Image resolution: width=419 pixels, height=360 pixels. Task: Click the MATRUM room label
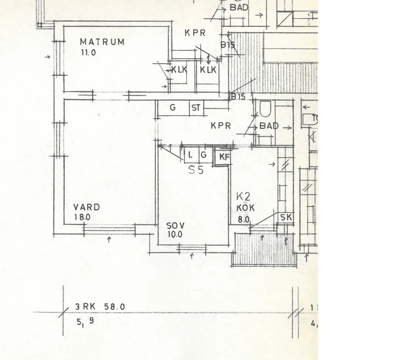pos(102,42)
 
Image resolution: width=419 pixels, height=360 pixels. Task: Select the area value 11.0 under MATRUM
pos(88,53)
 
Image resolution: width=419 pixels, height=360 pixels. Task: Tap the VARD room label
pos(87,207)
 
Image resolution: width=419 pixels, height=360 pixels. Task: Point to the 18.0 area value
pos(82,217)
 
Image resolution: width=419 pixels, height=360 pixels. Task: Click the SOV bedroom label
pos(175,225)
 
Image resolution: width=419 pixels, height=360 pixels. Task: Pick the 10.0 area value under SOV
pos(174,235)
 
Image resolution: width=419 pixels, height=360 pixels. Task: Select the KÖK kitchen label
pos(245,208)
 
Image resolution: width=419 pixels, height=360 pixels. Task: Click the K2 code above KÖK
pos(243,197)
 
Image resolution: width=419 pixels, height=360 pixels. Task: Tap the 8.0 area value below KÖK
pos(244,220)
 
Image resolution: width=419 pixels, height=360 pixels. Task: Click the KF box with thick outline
pos(224,157)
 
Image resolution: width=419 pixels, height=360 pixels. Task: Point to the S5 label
pos(196,170)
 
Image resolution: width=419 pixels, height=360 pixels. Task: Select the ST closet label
pos(196,108)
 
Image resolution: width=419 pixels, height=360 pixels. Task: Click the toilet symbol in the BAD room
pos(266,108)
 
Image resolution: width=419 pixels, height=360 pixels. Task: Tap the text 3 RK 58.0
pos(100,307)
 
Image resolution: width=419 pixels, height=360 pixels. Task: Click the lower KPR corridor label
pos(221,126)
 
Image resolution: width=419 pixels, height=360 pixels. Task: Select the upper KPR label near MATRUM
pos(195,33)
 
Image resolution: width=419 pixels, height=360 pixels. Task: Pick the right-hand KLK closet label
pos(208,70)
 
